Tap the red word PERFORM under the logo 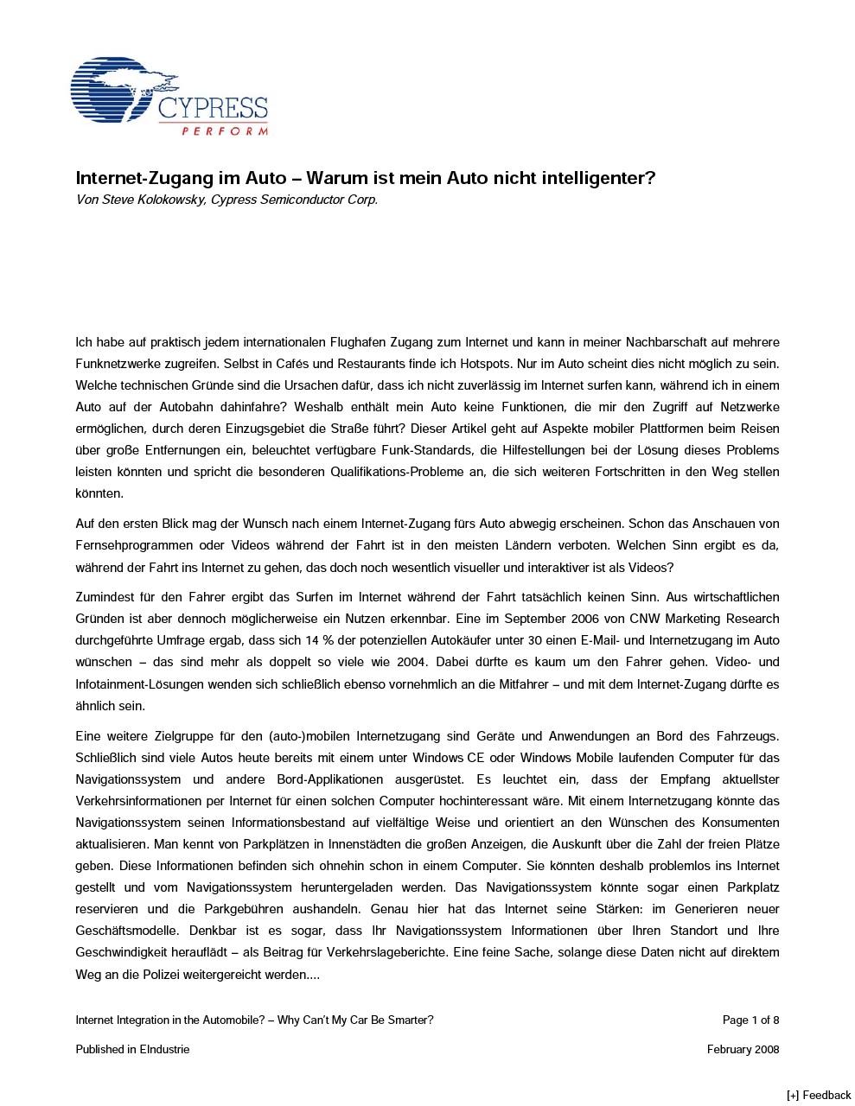tap(224, 131)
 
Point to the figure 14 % tap(372, 640)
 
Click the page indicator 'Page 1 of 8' tap(750, 1020)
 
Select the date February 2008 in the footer tap(743, 1049)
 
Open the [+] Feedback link tap(818, 1095)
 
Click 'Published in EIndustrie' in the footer tap(132, 1049)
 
